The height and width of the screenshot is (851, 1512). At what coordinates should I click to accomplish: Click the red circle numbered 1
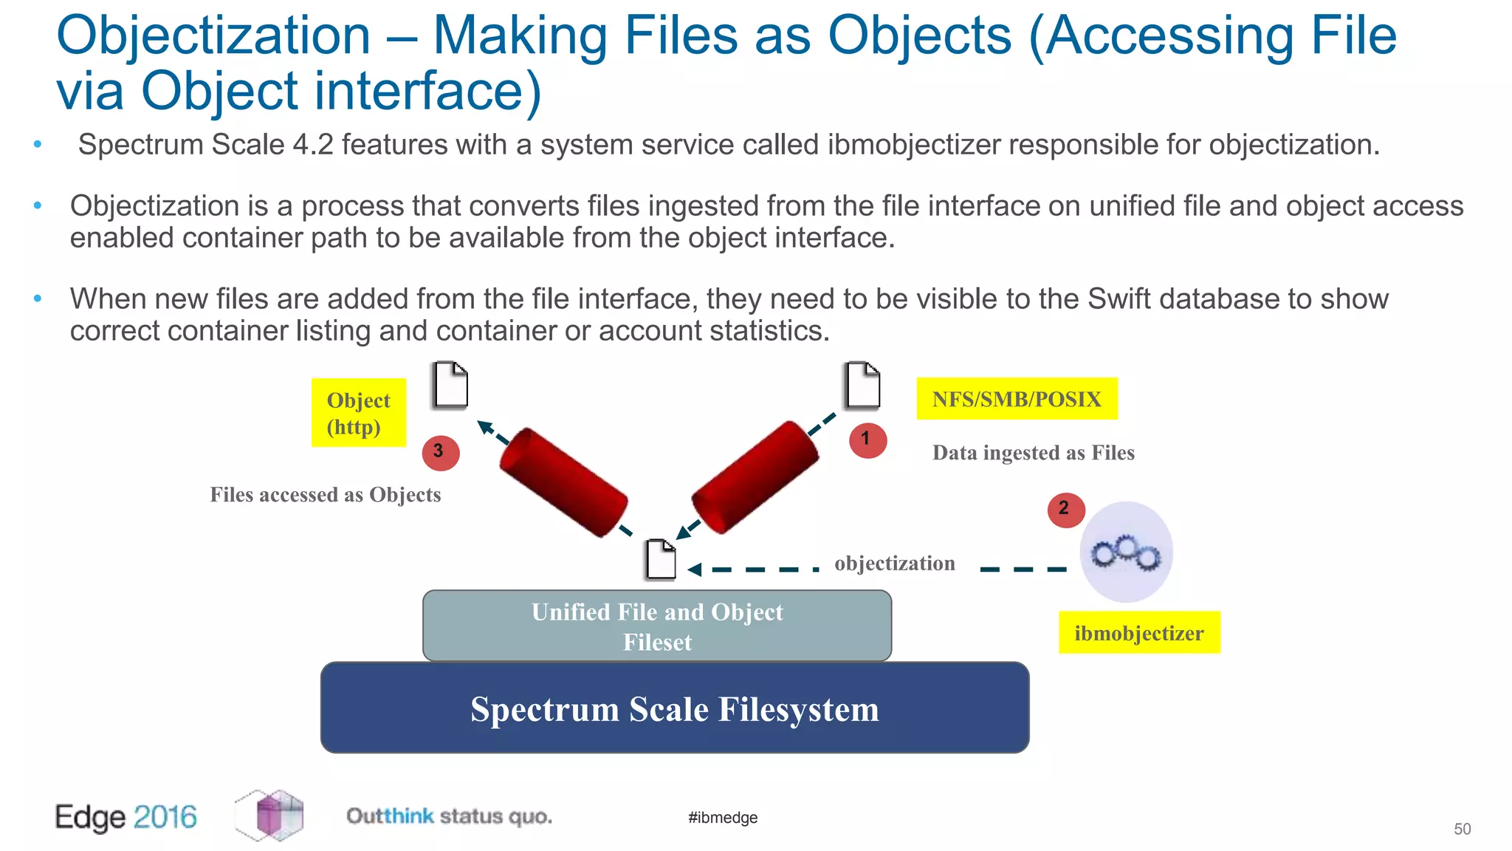click(867, 440)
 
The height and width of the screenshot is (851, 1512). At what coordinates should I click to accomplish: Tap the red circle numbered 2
click(1065, 510)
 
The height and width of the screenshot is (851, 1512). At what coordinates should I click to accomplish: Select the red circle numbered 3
click(441, 452)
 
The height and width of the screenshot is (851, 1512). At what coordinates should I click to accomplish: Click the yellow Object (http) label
click(359, 412)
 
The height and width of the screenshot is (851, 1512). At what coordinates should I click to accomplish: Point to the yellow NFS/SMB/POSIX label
click(1017, 399)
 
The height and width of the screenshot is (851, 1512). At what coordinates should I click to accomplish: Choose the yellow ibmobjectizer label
click(1138, 633)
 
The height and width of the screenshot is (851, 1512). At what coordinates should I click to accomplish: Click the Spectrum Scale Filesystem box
click(675, 708)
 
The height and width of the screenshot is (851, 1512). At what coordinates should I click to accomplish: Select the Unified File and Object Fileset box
click(657, 626)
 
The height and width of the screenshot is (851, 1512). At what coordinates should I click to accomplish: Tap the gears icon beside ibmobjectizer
click(1126, 552)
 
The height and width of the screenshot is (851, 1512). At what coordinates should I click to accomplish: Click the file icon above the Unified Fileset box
click(661, 559)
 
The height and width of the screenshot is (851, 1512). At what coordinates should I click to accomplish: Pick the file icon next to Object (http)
click(450, 385)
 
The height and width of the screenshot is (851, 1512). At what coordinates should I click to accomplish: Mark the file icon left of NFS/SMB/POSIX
click(862, 385)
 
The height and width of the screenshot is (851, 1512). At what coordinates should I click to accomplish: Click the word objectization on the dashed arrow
click(895, 564)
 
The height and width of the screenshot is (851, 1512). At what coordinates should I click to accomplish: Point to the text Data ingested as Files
click(1033, 453)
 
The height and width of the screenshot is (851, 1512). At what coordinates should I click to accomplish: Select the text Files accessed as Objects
click(326, 495)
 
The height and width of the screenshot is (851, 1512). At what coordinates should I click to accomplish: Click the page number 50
click(1462, 829)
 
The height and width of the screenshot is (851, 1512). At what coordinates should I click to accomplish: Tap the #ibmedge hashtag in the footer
click(723, 818)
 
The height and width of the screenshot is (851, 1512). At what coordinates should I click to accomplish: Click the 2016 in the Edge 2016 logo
click(165, 817)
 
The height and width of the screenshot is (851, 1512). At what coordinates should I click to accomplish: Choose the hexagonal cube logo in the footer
click(269, 816)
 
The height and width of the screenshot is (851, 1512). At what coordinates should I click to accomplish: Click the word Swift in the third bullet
click(1118, 299)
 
